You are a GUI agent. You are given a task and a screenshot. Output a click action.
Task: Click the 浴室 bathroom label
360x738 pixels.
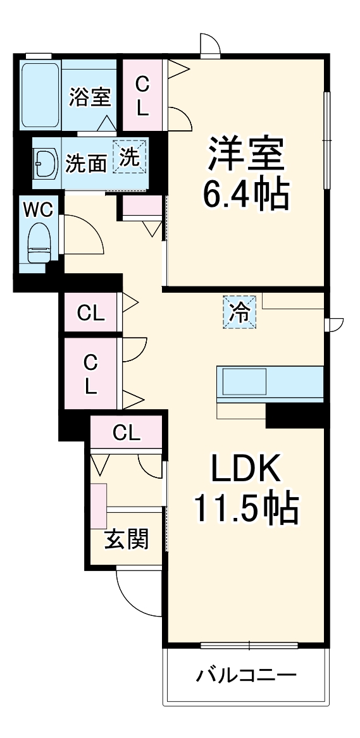(89, 98)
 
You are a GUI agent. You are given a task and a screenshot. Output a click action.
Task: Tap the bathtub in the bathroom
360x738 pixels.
(40, 95)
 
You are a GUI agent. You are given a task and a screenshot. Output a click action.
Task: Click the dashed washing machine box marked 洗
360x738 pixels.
(129, 156)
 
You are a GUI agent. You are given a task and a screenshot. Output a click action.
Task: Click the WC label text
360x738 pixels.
(38, 209)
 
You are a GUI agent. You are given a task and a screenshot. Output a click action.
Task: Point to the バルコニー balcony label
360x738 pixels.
(245, 675)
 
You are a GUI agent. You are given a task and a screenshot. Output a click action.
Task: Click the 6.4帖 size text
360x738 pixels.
(245, 194)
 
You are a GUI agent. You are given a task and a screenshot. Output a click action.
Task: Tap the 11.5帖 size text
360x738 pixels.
(245, 508)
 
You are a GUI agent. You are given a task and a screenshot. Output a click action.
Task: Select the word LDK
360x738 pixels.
(245, 469)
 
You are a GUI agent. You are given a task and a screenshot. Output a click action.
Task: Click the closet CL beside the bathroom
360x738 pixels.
(142, 96)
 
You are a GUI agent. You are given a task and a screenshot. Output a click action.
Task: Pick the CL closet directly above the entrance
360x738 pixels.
(126, 433)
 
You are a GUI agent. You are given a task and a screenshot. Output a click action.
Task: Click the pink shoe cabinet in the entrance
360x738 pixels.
(98, 506)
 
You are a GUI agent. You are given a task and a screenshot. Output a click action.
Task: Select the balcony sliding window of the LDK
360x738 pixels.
(249, 646)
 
